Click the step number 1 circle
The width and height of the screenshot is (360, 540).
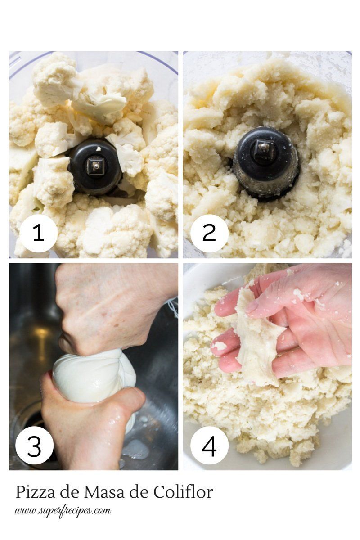39,232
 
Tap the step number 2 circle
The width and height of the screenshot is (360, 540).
209,232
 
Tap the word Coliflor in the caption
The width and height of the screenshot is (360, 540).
183,492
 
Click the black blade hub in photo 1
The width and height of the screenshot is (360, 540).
95,166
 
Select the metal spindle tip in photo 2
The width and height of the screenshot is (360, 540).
263,146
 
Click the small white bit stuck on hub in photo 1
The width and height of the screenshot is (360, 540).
98,148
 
